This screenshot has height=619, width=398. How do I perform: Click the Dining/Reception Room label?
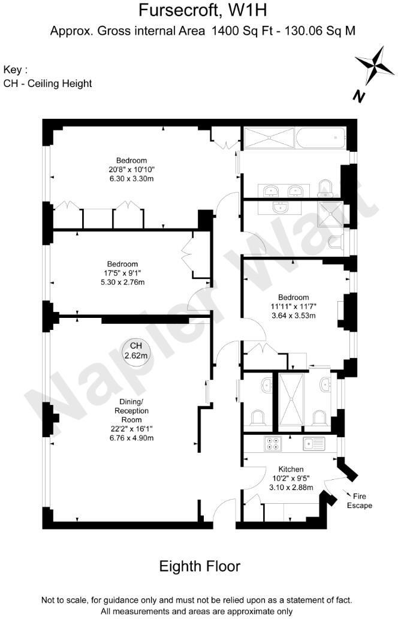[x=131, y=411]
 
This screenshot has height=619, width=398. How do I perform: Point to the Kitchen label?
[x=291, y=469]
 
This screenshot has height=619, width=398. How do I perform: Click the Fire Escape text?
[x=360, y=500]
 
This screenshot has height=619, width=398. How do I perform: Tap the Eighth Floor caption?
[x=199, y=566]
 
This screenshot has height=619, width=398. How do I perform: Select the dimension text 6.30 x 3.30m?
[x=131, y=178]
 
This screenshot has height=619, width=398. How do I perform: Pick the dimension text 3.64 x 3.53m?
[x=293, y=315]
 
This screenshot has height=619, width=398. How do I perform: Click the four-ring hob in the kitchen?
[x=273, y=444]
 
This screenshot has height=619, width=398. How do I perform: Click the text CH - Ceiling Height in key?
[x=48, y=83]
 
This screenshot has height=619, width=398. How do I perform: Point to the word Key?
[x=14, y=70]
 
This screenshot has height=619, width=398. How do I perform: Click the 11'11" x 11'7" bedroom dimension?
[x=293, y=307]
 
